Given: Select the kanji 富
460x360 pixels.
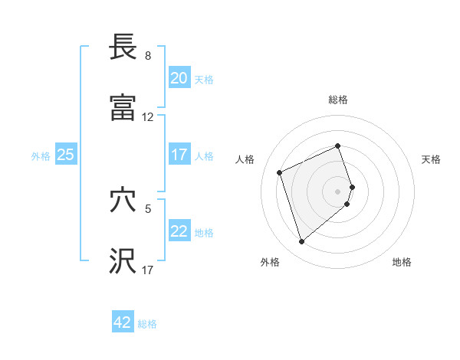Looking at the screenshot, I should (123, 108).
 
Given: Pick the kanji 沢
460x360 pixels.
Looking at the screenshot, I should (123, 261).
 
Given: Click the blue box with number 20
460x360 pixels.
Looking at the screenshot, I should (179, 77).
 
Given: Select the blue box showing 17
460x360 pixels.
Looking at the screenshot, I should (179, 154).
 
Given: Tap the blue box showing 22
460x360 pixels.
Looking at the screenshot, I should (179, 231).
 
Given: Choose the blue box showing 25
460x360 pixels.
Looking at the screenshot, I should (65, 154).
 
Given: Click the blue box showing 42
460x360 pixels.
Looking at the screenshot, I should (122, 322).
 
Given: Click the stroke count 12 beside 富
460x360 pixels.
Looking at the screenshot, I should (148, 117).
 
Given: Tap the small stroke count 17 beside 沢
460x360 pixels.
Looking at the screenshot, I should (148, 270).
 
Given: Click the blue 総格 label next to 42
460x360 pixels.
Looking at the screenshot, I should (147, 324).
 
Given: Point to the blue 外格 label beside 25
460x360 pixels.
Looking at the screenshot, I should (41, 155).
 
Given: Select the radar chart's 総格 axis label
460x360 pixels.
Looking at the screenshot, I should (338, 100).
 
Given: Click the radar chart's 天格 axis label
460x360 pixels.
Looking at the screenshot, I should (431, 159).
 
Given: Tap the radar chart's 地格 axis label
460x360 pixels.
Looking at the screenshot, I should (402, 262).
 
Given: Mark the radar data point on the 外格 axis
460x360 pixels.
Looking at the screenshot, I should (301, 242).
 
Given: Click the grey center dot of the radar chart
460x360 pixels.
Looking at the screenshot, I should (338, 191).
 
